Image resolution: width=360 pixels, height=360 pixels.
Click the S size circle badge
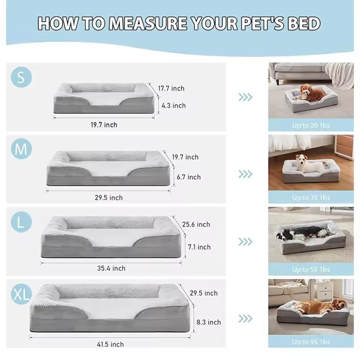coord(21,77)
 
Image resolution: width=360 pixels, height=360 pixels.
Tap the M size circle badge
coord(21,149)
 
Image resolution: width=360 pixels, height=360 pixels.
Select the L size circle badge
coord(21,222)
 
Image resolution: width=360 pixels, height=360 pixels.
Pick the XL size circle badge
coord(21,294)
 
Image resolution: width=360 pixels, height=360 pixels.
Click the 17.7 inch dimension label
coord(171,88)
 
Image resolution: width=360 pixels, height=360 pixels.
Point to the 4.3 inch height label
coord(174,106)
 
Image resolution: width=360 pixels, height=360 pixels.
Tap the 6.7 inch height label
coord(189,177)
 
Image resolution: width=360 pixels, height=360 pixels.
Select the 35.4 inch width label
coord(111,268)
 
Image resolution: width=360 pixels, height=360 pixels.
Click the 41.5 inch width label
coord(110,344)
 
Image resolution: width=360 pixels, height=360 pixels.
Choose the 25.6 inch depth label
coord(196,224)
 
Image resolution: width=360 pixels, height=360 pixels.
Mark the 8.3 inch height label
coord(209,322)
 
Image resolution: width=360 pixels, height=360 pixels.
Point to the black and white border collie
coord(301,233)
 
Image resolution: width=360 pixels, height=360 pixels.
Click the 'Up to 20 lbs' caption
coord(311,125)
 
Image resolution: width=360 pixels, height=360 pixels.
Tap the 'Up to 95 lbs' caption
coord(311,342)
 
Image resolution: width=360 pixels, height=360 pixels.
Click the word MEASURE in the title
coord(148,24)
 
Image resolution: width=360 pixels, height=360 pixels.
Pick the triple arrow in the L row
coord(245,242)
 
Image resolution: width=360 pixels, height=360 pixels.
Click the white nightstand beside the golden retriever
coord(324,291)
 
